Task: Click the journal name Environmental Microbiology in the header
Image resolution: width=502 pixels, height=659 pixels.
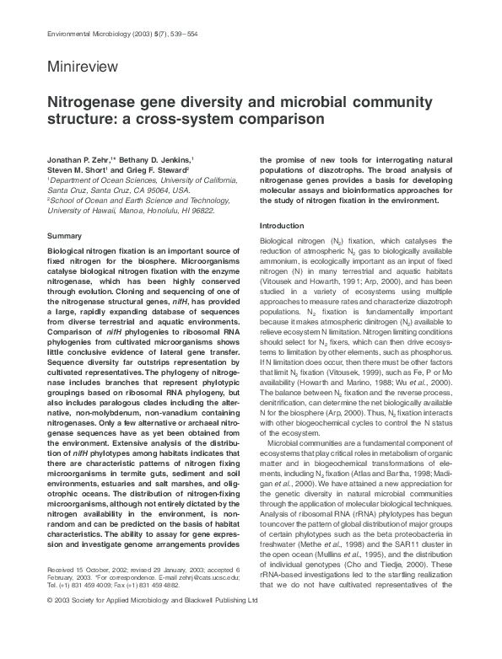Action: (x=82, y=31)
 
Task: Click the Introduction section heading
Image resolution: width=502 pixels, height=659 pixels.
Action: (x=283, y=227)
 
